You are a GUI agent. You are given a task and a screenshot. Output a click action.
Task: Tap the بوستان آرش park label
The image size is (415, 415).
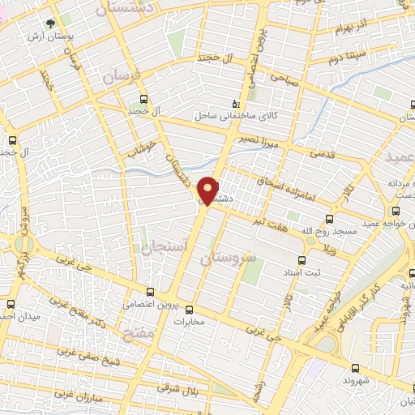point(47,37)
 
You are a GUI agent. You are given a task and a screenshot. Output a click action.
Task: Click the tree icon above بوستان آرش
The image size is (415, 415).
point(50,24)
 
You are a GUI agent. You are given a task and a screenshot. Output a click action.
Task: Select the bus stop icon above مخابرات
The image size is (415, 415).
point(190,309)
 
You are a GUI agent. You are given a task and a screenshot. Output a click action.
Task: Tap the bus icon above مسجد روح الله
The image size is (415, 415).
point(329,219)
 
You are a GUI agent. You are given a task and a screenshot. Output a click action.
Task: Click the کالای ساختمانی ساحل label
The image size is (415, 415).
point(235,115)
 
